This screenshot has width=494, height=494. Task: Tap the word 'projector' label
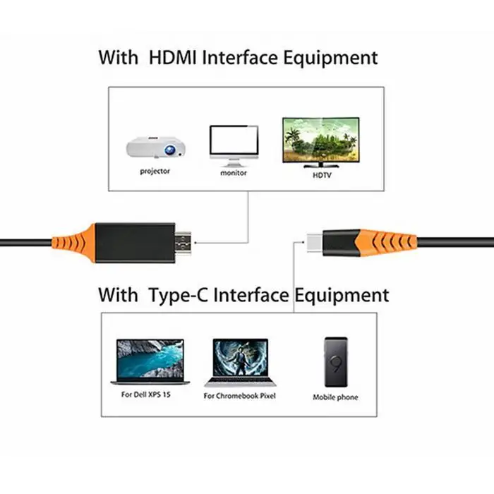point(155,171)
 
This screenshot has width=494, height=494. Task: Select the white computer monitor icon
point(234,145)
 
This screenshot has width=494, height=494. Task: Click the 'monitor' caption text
point(234,173)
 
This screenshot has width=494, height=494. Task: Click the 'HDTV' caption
point(322,174)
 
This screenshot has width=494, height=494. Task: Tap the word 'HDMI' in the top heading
point(174,57)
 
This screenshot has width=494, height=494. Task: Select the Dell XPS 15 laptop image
point(150,362)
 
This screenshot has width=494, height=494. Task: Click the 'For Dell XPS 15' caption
point(146,394)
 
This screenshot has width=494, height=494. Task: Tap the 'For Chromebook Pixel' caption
point(241,396)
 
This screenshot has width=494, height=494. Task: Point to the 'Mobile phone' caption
point(335,397)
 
